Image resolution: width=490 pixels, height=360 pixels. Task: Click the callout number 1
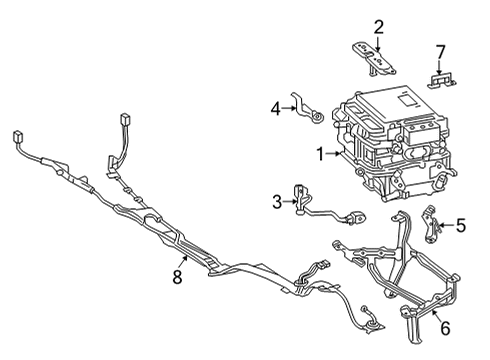click(321, 154)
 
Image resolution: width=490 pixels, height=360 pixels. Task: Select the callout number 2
click(378, 27)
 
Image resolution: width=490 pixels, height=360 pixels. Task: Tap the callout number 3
click(277, 203)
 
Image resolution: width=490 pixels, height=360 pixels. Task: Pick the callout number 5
click(462, 226)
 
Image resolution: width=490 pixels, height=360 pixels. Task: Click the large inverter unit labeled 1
click(395, 145)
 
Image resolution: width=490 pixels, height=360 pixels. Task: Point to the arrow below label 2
click(378, 43)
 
